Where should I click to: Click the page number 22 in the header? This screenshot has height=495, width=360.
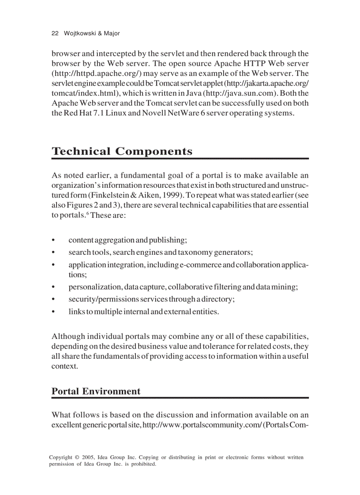(55, 33)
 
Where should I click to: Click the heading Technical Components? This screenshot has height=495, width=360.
(122, 151)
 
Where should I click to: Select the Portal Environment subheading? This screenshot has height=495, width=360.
(96, 391)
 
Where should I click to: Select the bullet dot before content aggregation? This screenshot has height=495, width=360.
(53, 241)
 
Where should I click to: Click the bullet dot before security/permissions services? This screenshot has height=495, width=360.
(53, 300)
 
